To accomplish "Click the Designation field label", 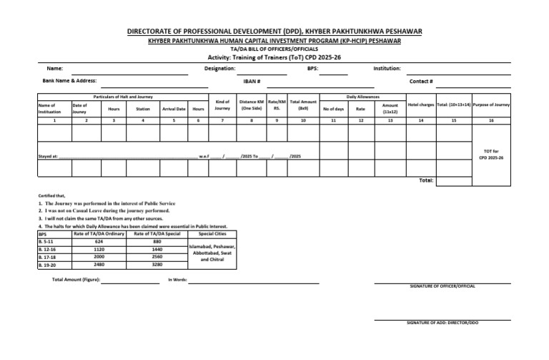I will (x=219, y=69).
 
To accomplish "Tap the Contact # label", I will (x=421, y=82).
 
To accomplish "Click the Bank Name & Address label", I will (x=69, y=81).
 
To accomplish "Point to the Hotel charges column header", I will (x=420, y=105).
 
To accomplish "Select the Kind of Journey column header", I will (x=222, y=105).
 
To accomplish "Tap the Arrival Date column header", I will (x=174, y=109).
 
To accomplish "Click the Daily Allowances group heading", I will (x=363, y=96).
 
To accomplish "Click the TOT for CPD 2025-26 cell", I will (x=491, y=154).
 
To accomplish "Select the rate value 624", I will (x=89, y=241).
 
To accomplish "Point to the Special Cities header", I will (x=212, y=233).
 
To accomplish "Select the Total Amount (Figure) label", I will (x=76, y=279).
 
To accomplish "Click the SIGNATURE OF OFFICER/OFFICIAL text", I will (x=442, y=286).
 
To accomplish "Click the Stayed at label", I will (x=47, y=155).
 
